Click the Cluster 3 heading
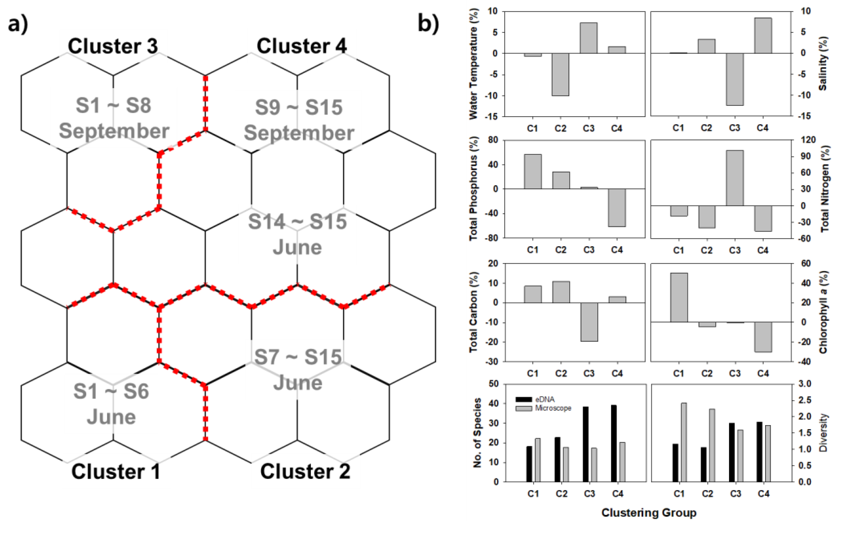[113, 46]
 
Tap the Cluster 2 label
[305, 471]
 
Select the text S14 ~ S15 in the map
[297, 222]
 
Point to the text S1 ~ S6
[111, 391]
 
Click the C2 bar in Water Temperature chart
[560, 74]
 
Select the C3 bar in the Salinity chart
[734, 79]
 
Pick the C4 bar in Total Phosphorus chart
[617, 208]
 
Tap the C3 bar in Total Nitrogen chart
[735, 178]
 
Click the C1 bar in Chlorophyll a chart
[679, 297]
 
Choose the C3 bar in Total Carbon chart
[589, 322]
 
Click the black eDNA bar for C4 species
[614, 444]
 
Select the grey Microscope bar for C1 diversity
[684, 443]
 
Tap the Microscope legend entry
[543, 408]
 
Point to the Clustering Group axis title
[649, 513]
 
